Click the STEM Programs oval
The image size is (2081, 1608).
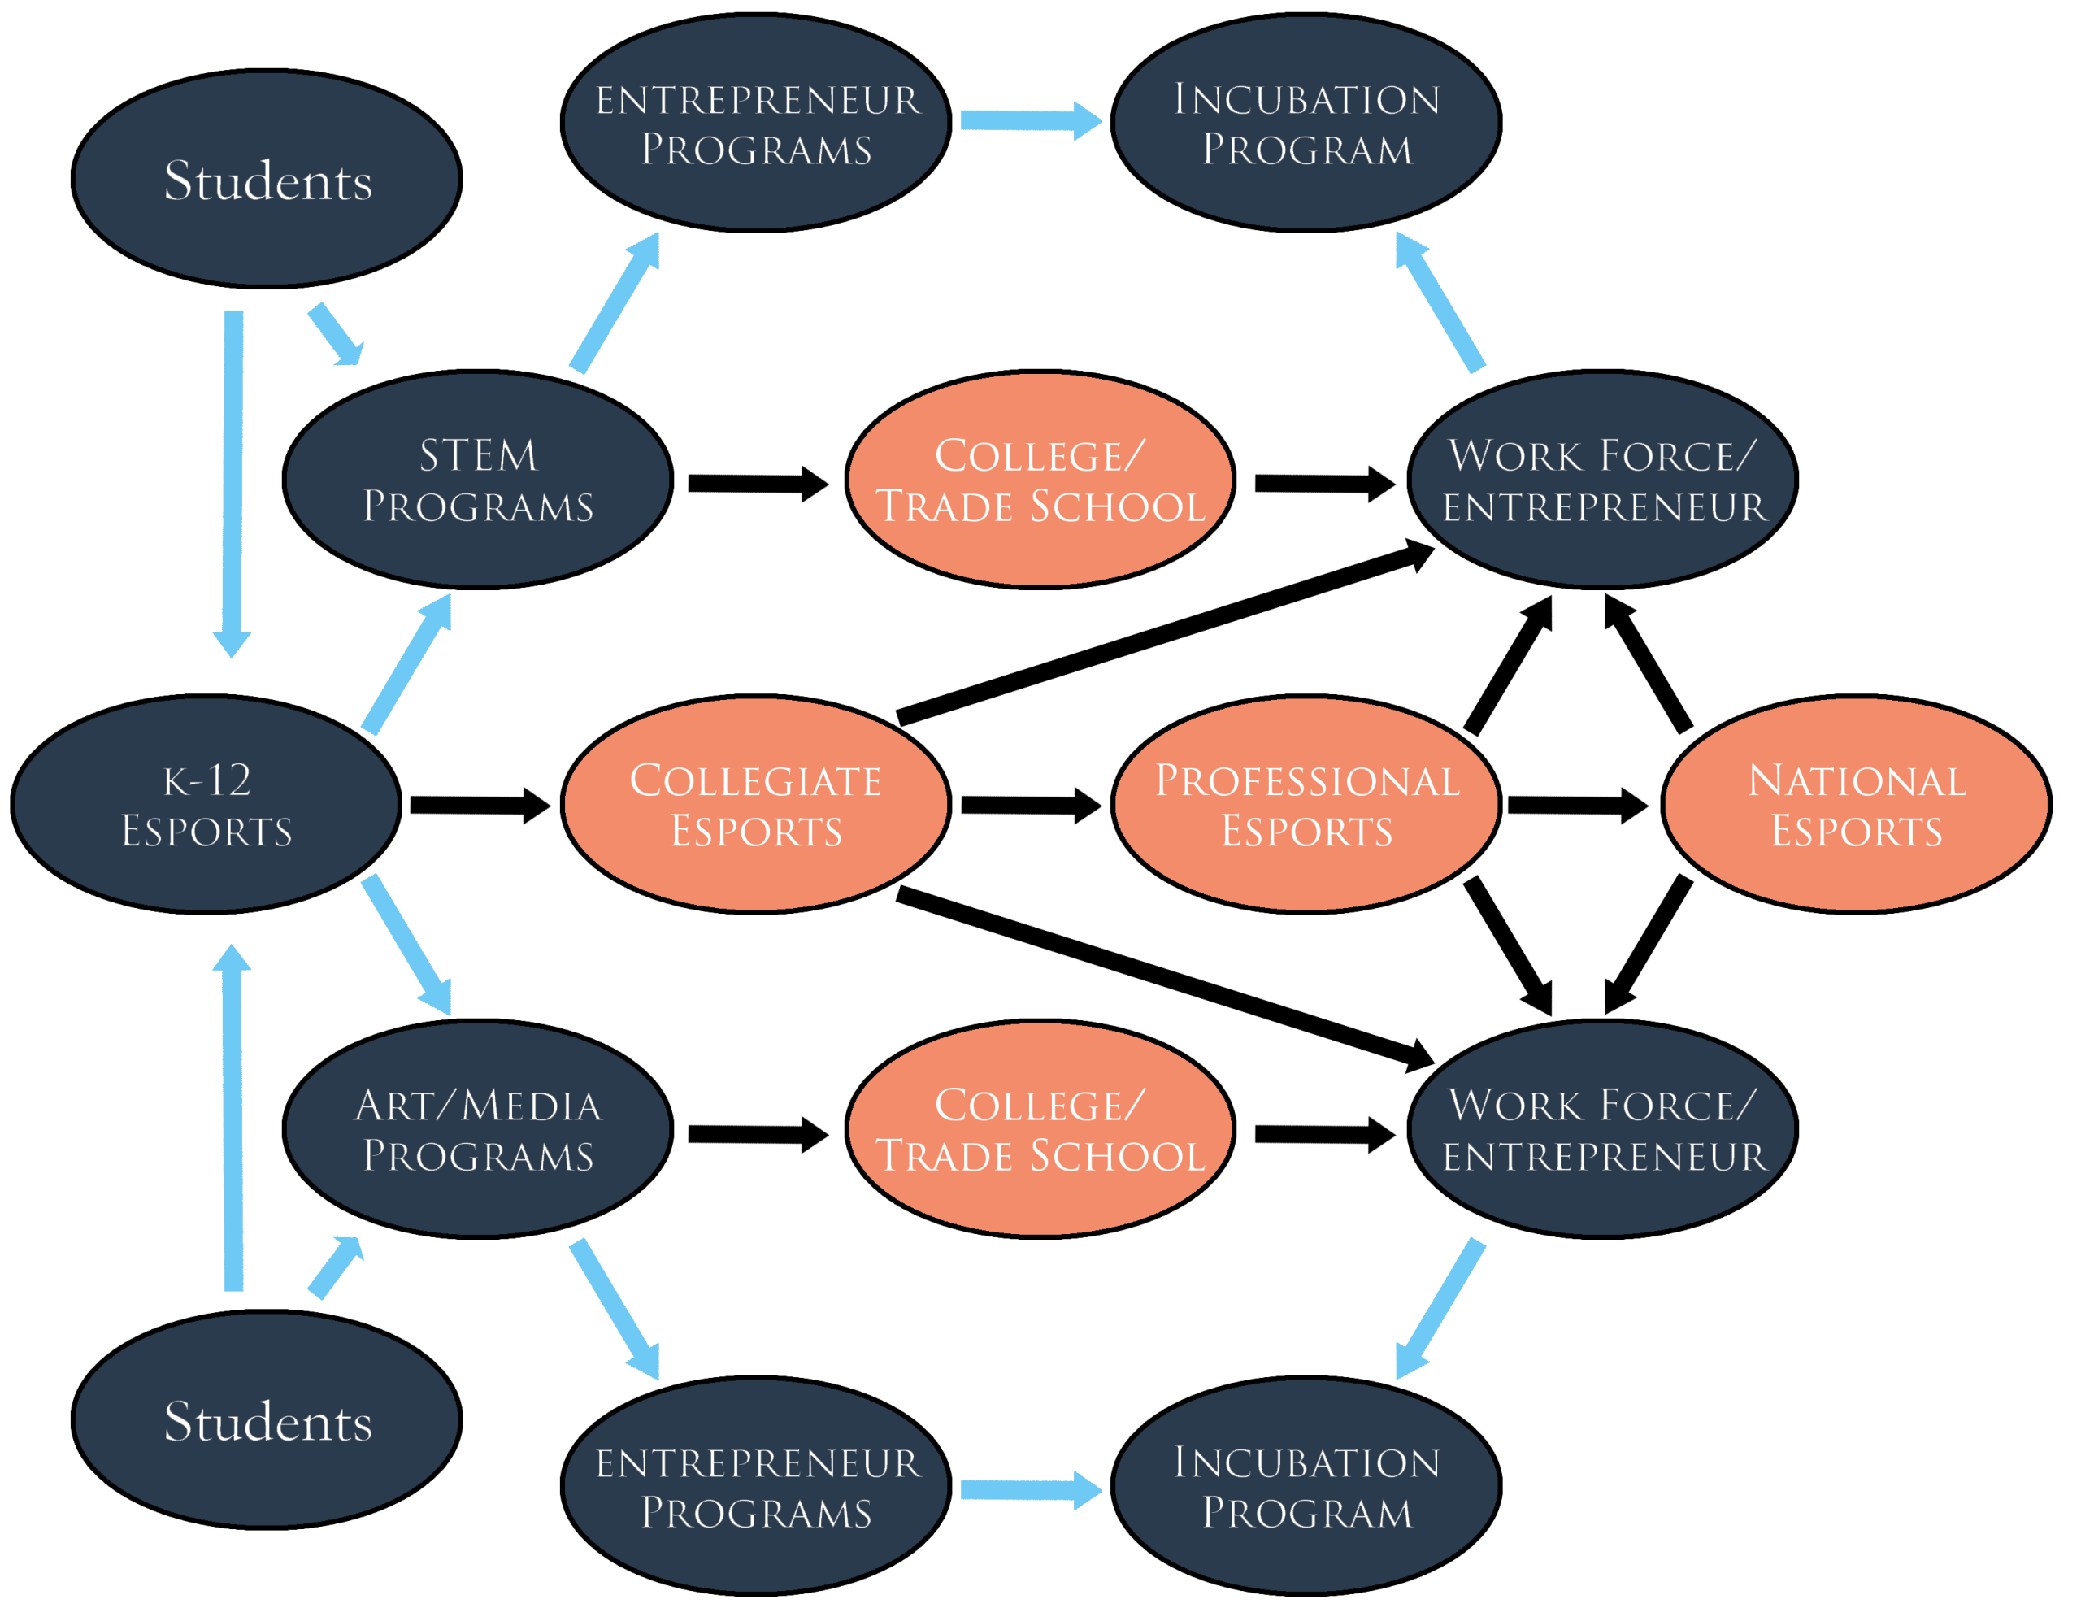[477, 480]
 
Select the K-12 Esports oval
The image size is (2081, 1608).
[206, 805]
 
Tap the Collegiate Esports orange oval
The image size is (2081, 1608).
[756, 805]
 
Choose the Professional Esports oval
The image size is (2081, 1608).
[1306, 805]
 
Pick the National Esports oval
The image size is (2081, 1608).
[1856, 805]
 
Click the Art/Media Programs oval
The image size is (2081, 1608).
[477, 1129]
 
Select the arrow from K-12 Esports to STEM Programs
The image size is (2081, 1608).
[408, 663]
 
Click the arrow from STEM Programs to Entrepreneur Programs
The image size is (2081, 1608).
[615, 302]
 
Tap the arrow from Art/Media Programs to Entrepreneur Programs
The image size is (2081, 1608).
[615, 1309]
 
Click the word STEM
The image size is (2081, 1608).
[478, 455]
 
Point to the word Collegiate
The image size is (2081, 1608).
[756, 780]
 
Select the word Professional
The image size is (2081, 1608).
[1307, 780]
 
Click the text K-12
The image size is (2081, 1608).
[206, 780]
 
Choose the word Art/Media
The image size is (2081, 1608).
[478, 1106]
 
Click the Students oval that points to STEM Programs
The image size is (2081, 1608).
[267, 179]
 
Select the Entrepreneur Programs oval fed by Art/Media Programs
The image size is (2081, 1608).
[756, 1486]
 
